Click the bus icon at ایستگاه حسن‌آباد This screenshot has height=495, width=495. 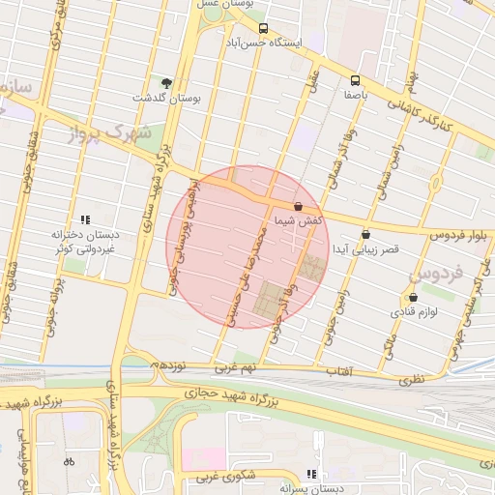[264, 29]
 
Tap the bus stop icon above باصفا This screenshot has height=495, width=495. [355, 80]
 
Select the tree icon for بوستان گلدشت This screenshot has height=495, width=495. [166, 83]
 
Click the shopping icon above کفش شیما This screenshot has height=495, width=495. [297, 207]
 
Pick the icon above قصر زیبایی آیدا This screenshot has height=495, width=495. [365, 234]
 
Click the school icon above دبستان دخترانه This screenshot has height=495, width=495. [85, 219]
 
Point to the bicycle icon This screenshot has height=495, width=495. [69, 461]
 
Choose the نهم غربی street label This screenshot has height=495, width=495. [236, 368]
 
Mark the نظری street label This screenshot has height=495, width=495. [412, 379]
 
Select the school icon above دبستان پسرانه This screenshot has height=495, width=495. [311, 474]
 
